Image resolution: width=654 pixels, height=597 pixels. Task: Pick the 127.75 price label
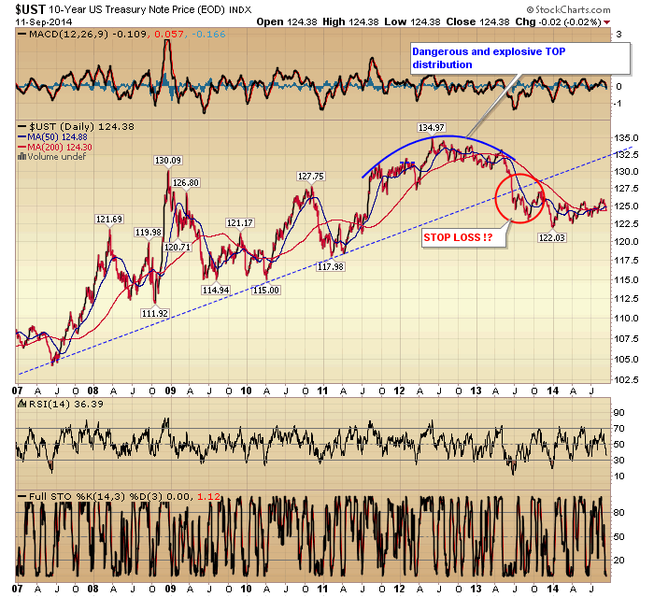[310, 176]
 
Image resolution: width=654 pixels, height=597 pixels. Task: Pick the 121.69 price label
[108, 220]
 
